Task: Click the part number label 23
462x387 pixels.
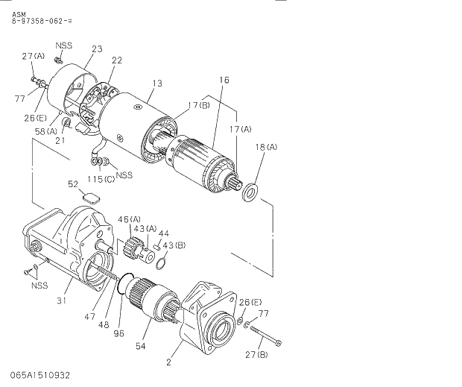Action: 97,49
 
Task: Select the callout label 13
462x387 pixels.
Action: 156,84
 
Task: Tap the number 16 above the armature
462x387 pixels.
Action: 224,80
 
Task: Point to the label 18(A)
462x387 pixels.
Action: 266,148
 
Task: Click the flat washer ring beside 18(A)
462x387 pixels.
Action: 250,193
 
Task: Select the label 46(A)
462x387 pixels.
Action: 129,219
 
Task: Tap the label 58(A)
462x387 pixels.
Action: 46,131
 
